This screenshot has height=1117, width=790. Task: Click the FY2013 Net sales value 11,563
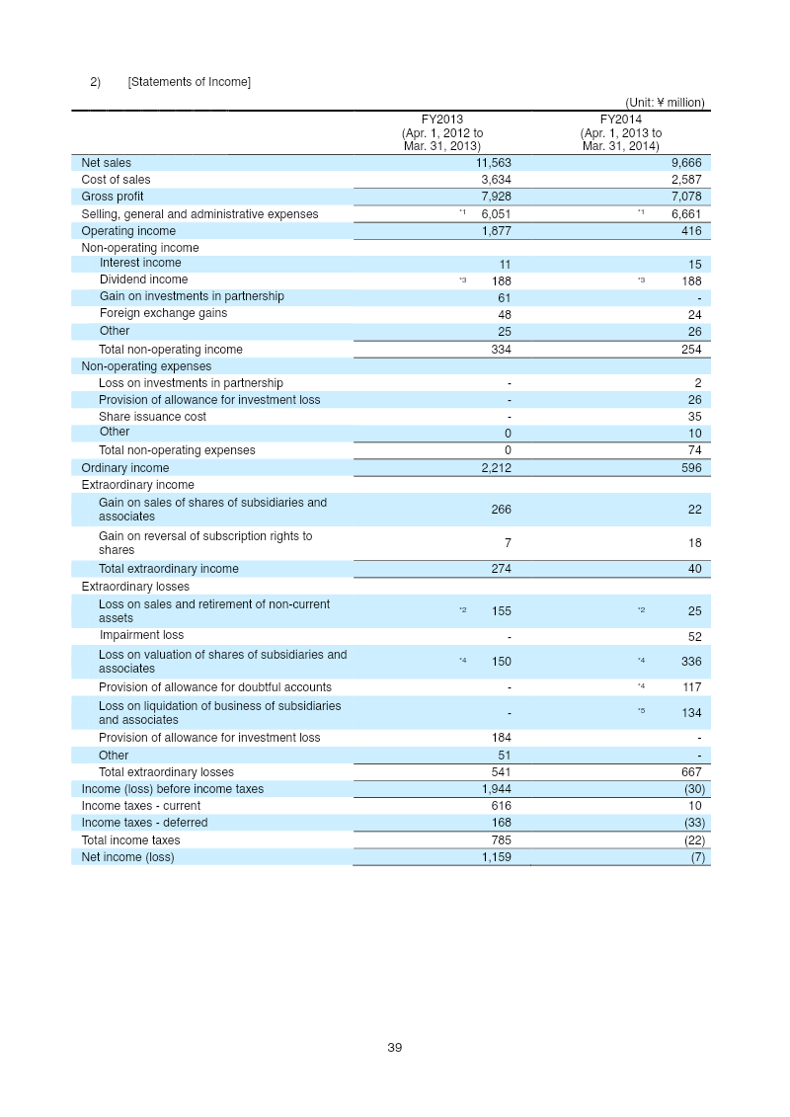click(493, 163)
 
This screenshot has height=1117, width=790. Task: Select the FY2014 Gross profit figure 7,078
click(685, 197)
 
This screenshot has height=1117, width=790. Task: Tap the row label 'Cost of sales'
click(116, 180)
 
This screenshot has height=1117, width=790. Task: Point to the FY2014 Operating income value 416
click(691, 231)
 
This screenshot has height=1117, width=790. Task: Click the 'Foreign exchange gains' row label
click(163, 313)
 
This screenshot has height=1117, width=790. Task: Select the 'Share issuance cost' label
click(152, 417)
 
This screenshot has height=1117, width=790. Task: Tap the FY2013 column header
click(441, 120)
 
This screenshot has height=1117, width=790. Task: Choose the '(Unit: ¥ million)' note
click(665, 102)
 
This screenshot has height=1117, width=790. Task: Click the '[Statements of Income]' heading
click(189, 81)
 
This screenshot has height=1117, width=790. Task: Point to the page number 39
click(395, 1048)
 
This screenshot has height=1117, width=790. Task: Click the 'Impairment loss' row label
click(141, 635)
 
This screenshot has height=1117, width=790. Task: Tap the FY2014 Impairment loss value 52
click(695, 637)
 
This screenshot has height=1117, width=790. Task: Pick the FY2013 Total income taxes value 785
click(501, 840)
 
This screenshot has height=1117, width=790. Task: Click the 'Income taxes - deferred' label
click(144, 823)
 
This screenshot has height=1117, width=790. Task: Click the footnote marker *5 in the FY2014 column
click(642, 711)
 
